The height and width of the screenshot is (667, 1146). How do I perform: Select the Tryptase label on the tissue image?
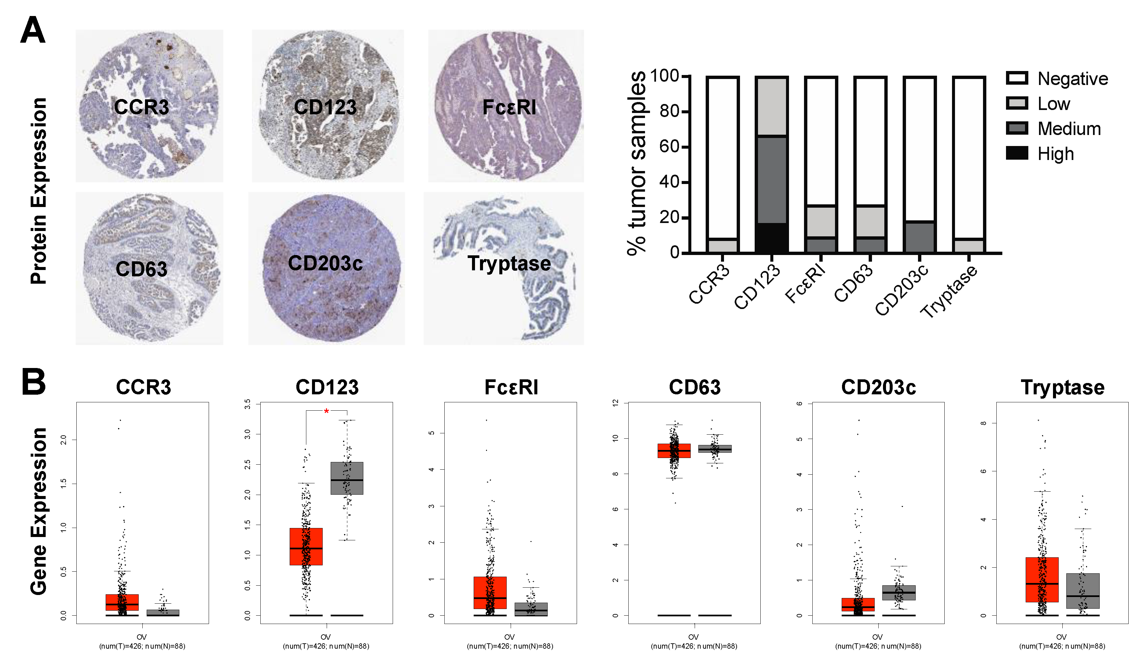coord(509,263)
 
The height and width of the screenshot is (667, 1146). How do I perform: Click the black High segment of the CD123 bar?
coord(771,237)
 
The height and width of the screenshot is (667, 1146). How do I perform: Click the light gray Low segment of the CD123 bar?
coord(771,106)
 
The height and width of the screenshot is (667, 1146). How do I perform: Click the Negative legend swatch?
coord(1017,78)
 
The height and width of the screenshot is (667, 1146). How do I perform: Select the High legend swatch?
coord(1017,153)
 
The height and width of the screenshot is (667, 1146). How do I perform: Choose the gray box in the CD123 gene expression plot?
coord(347,478)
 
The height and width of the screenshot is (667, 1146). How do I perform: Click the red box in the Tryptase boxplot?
coord(1042,579)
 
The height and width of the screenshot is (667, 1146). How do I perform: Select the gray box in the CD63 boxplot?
coord(715,448)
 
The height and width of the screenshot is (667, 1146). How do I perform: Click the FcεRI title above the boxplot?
coord(511,387)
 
